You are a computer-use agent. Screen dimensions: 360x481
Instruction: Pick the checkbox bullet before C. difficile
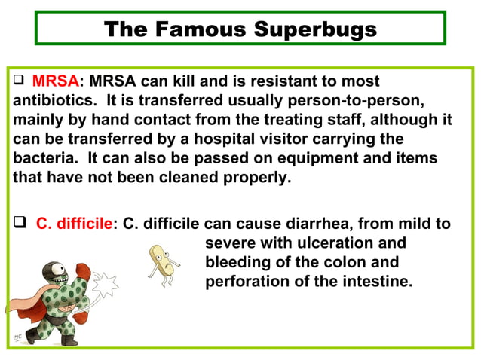tap(20, 224)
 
